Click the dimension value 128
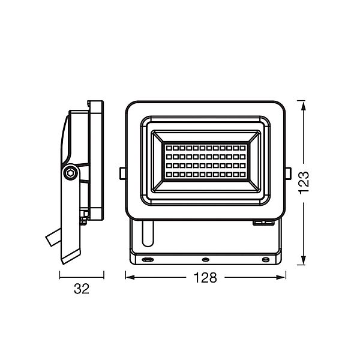(205, 278)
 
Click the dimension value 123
(304, 183)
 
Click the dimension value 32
(82, 289)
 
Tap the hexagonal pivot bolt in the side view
(70, 173)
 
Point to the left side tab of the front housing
(122, 173)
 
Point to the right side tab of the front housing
(289, 173)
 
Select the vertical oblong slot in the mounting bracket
(148, 233)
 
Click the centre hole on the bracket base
(205, 260)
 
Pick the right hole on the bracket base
(266, 260)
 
